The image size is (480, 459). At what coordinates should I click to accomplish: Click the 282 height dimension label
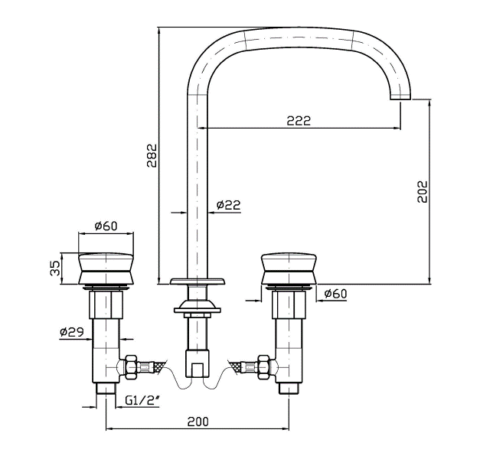(152, 155)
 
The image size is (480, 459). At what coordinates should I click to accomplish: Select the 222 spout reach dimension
(299, 121)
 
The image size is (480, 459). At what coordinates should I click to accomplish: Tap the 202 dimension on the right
(423, 191)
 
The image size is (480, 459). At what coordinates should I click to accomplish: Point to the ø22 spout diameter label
(228, 205)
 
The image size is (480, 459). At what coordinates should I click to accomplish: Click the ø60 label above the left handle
(106, 226)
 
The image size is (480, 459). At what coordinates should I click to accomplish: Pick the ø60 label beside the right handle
(335, 294)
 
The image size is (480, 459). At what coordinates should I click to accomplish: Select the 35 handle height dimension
(55, 268)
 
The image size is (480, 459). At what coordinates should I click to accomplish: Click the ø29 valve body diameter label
(72, 332)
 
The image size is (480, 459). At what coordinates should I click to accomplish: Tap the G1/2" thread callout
(142, 401)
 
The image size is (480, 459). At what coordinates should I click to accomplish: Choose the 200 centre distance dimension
(198, 422)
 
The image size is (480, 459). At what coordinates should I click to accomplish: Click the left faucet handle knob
(106, 269)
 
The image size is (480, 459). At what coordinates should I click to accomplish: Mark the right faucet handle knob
(289, 269)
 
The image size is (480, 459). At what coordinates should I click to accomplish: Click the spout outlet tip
(400, 96)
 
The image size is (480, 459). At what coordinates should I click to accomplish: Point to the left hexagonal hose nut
(131, 366)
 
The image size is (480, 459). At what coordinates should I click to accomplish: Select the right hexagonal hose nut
(263, 366)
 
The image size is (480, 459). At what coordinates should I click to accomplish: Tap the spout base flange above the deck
(198, 282)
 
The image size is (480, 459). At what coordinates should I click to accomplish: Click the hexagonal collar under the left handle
(106, 304)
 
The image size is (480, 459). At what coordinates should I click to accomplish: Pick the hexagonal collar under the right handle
(289, 304)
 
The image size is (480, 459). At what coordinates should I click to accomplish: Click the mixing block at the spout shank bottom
(198, 363)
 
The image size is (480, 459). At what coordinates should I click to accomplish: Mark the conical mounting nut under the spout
(198, 306)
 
